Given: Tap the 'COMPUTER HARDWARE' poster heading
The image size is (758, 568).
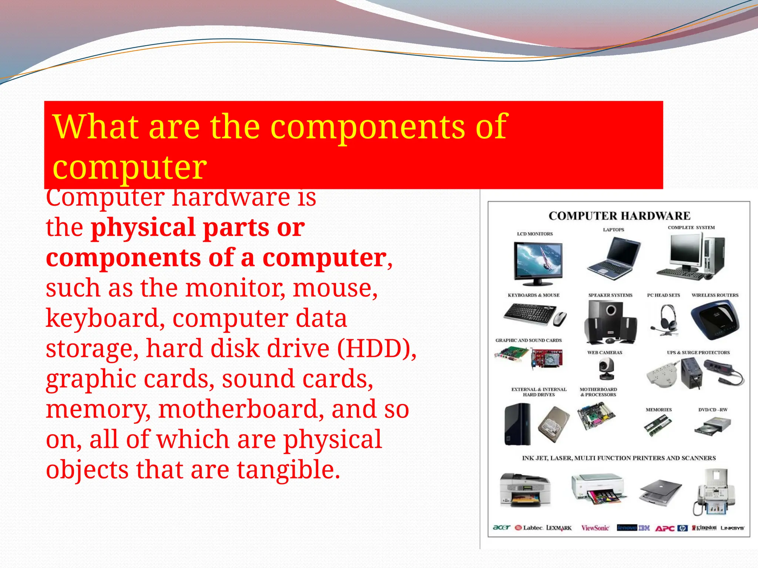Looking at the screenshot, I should (619, 216).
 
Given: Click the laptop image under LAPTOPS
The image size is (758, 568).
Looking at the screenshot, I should (614, 259).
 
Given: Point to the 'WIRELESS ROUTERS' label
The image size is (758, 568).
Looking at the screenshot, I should (715, 295).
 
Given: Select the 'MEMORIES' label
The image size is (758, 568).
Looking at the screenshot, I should (658, 410).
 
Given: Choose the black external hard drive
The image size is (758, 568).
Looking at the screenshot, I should (517, 424).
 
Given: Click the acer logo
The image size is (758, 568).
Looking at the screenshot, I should (502, 527).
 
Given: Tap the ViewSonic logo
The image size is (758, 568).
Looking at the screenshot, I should (595, 528).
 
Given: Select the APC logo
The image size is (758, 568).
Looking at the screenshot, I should (665, 528).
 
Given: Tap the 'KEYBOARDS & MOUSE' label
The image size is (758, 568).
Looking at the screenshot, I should (533, 295).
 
